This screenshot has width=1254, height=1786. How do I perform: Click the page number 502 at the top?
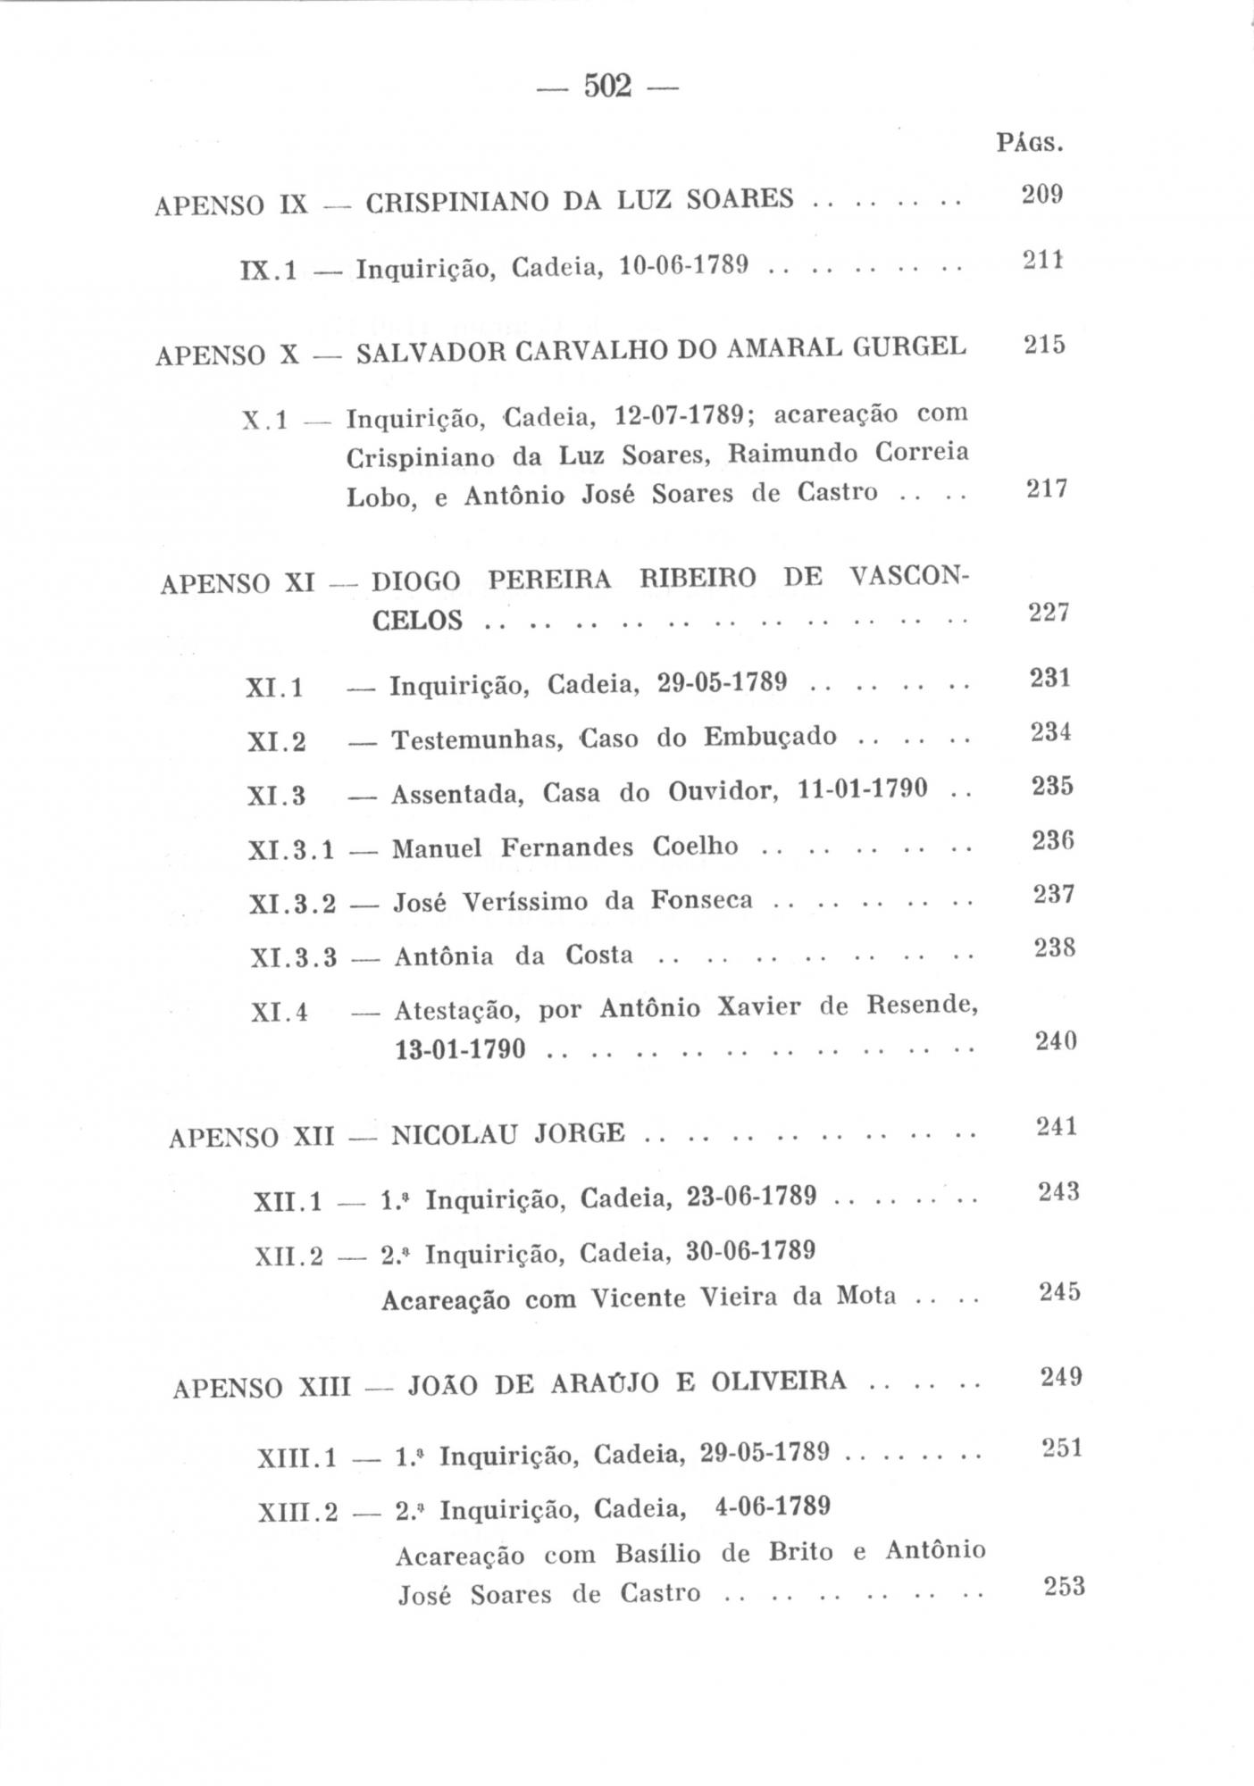pos(607,87)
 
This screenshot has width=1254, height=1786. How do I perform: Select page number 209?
pos(1041,194)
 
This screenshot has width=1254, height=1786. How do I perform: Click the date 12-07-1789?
pos(681,416)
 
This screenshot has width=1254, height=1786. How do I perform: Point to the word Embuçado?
pos(770,737)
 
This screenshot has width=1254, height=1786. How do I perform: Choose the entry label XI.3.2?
pos(292,904)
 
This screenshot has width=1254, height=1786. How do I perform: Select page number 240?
pos(1055,1041)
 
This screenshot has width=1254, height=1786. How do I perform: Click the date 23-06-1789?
pos(751,1197)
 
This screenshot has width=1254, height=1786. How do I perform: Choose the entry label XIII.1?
pos(297,1458)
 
